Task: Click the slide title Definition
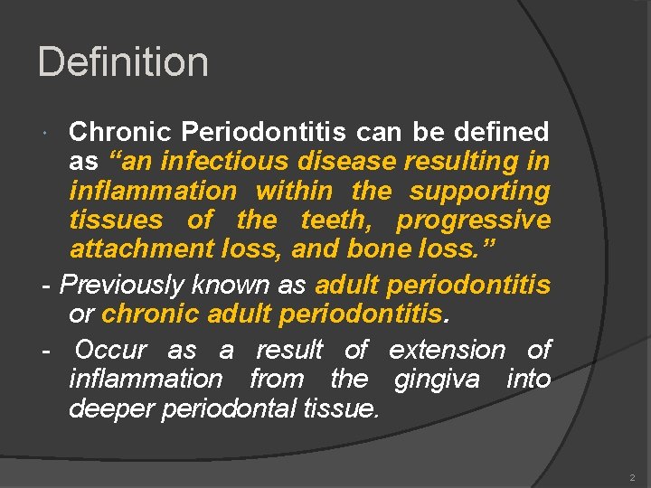(123, 62)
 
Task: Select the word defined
(504, 132)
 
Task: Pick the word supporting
(479, 192)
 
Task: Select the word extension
(448, 349)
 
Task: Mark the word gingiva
(438, 379)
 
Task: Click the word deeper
(111, 408)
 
